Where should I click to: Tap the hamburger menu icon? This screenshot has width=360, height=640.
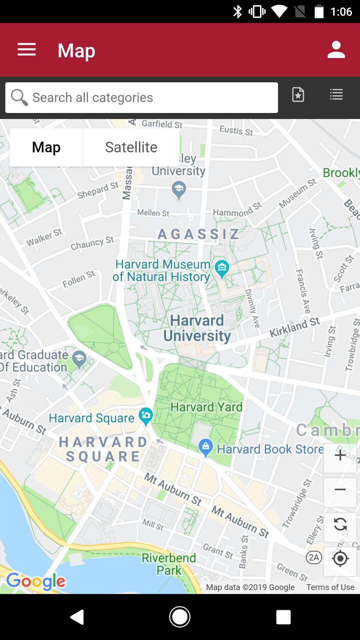27,50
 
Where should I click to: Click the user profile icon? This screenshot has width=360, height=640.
336,50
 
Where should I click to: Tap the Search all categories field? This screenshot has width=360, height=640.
142,98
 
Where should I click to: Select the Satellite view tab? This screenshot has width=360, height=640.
131,147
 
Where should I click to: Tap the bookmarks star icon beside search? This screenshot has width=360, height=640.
298,95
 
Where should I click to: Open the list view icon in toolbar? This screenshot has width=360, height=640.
336,95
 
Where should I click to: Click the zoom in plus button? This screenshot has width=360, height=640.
340,455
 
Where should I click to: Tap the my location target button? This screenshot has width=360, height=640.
340,558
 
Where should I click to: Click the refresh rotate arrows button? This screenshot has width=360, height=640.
340,524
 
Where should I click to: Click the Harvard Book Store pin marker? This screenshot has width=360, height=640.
206,447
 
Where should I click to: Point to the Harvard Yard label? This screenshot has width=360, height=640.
206,407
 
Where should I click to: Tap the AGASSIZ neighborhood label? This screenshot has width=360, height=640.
198,234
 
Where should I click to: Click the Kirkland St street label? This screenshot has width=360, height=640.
295,327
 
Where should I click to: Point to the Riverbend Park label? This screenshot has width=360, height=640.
169,564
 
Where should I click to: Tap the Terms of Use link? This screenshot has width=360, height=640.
330,587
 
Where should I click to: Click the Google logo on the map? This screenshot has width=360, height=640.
36,581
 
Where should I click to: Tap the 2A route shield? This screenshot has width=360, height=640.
314,557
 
